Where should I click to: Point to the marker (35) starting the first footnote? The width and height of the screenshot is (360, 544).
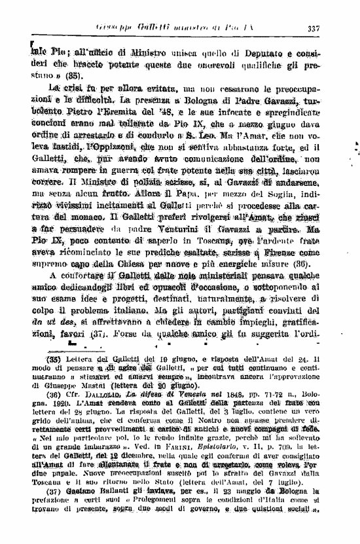[52, 357]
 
